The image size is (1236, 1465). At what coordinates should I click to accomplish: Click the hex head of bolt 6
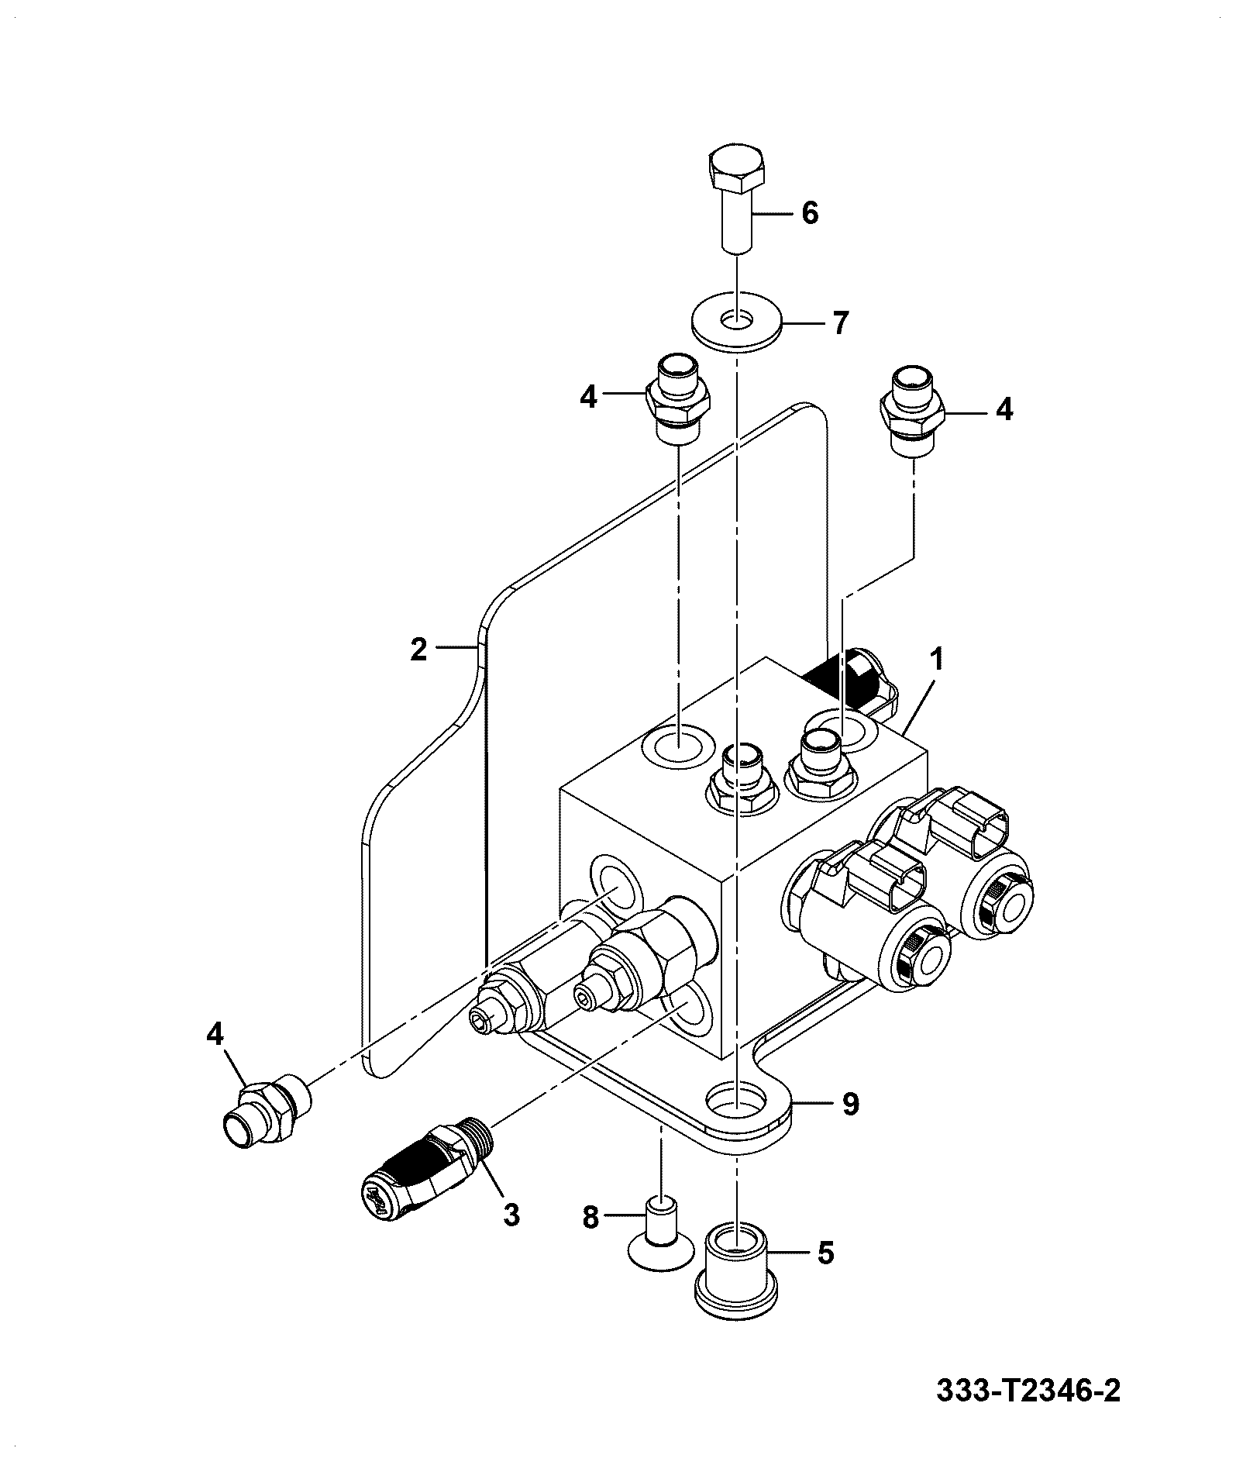[736, 168]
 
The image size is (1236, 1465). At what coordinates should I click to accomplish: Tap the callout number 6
[810, 212]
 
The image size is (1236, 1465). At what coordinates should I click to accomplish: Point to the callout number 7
[841, 322]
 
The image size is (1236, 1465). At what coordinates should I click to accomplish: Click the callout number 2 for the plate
[419, 650]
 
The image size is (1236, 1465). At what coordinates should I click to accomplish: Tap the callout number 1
[937, 661]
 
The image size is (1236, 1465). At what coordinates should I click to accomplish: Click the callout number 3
[511, 1214]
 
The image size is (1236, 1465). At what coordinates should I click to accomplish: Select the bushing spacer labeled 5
[737, 1275]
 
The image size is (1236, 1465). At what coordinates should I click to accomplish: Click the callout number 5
[826, 1252]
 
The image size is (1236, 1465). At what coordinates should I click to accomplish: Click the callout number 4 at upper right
[1004, 409]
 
